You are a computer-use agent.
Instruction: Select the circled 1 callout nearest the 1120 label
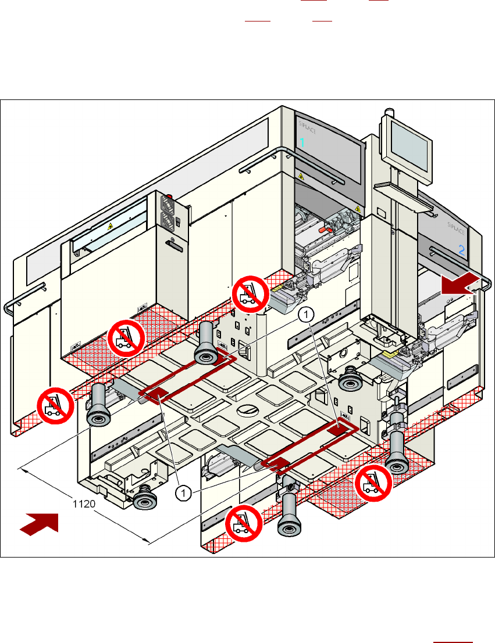[x=183, y=493]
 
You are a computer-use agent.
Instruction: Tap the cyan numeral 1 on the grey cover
[x=302, y=142]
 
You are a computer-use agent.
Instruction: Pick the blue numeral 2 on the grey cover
[x=461, y=251]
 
